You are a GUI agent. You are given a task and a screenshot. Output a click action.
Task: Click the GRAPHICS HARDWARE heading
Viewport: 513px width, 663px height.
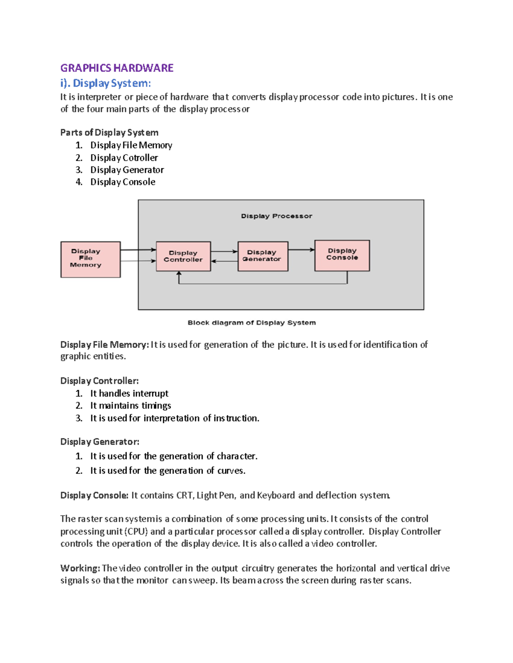point(117,68)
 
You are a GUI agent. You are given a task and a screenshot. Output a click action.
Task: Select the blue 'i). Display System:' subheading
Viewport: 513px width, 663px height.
point(106,83)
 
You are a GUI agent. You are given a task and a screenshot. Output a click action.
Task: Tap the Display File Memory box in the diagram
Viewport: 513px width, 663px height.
point(90,259)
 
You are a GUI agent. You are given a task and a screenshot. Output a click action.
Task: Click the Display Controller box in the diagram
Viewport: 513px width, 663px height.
point(183,256)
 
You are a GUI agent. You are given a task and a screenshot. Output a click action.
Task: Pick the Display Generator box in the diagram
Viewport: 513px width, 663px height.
point(262,256)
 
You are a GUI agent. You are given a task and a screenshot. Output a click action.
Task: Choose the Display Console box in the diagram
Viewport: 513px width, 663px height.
point(342,255)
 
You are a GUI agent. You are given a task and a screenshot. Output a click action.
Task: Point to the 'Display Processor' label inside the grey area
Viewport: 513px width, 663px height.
point(277,216)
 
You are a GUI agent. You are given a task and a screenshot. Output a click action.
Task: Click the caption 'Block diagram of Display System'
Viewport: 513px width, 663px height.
point(252,323)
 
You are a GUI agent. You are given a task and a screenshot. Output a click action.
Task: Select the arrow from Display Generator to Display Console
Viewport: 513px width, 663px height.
point(301,250)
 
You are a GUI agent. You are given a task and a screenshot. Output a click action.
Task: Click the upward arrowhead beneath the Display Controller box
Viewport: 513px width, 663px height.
point(179,275)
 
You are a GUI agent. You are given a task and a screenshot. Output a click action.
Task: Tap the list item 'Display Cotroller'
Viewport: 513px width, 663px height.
point(124,158)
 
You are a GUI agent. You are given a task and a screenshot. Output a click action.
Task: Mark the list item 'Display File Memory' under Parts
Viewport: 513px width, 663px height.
point(131,145)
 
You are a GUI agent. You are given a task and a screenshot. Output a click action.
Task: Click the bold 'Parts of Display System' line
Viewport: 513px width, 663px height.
point(109,132)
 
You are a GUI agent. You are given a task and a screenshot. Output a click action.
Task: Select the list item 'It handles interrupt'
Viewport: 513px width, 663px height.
point(129,393)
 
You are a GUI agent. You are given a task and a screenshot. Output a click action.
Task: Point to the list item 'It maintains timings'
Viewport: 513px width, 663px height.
point(130,406)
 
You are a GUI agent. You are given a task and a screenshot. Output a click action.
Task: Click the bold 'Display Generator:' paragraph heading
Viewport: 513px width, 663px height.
point(100,441)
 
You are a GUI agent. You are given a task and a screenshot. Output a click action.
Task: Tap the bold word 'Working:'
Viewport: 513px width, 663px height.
point(80,568)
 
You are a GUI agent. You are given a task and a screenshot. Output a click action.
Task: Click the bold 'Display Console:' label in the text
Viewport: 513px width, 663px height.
point(94,495)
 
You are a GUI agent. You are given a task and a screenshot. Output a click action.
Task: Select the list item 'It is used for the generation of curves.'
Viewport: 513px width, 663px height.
point(168,470)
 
